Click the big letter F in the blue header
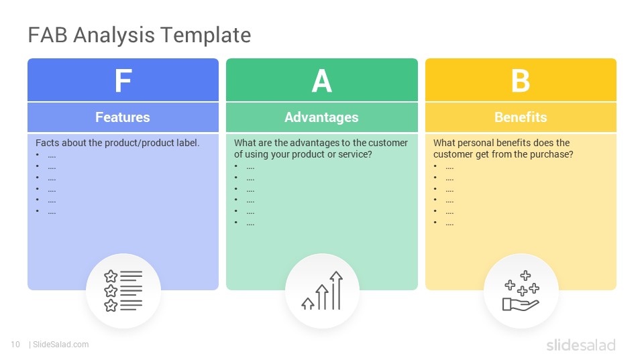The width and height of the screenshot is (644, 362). [123, 81]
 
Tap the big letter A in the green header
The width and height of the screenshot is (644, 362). [322, 81]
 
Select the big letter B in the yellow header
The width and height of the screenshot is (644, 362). [521, 81]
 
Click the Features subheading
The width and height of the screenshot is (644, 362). [123, 117]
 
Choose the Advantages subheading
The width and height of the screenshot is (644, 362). [321, 117]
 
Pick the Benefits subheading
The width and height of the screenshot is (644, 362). [521, 117]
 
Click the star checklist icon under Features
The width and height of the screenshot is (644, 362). [123, 291]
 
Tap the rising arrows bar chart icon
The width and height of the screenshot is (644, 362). [322, 291]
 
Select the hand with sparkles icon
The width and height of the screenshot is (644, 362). [521, 291]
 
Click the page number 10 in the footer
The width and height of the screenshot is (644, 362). [15, 345]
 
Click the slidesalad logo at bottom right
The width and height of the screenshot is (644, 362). [580, 345]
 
